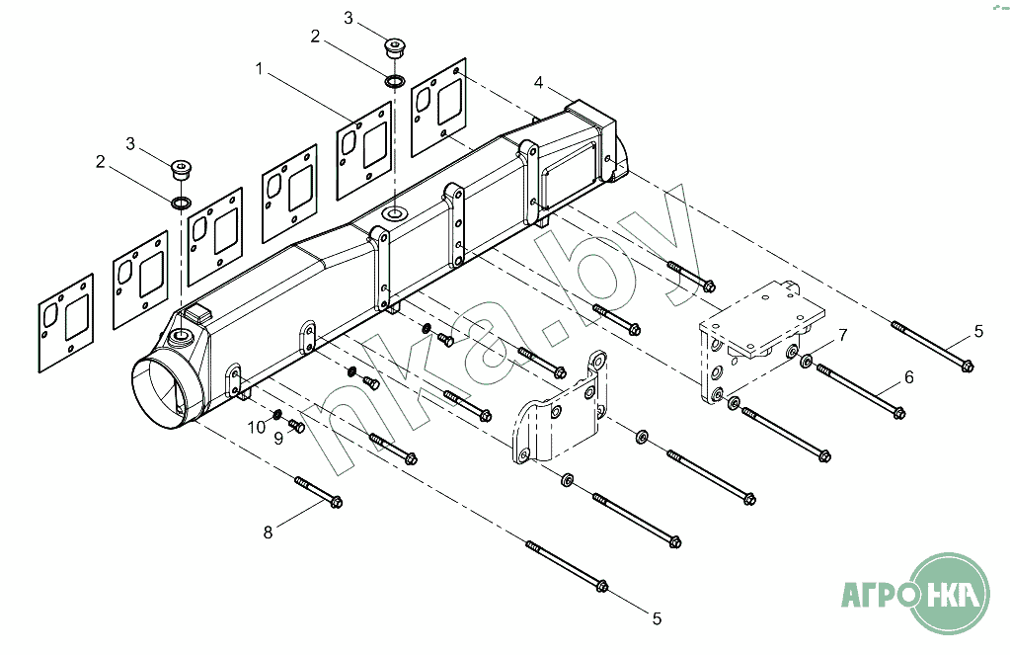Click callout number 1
(x=259, y=68)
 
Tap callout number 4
(x=538, y=83)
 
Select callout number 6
(x=909, y=376)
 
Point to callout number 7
(x=842, y=335)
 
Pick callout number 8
(x=268, y=532)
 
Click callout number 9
(x=278, y=439)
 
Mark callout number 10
(x=257, y=427)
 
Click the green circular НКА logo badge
(x=950, y=593)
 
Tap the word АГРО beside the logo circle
(x=879, y=593)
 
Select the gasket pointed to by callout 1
(x=364, y=150)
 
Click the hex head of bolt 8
(x=336, y=501)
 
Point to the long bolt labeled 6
(x=861, y=391)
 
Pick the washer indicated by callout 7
(x=806, y=362)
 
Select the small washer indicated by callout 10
(x=277, y=413)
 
